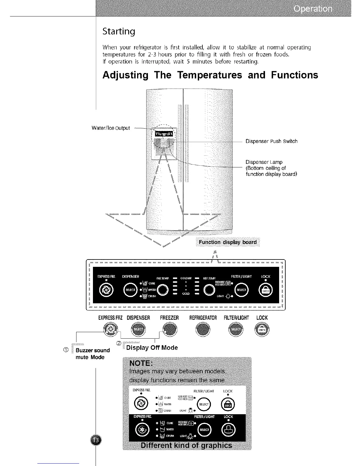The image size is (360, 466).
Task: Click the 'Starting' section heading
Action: (x=119, y=31)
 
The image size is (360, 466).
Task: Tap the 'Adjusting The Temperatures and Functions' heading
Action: (x=210, y=75)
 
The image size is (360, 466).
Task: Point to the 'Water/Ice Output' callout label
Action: (x=111, y=128)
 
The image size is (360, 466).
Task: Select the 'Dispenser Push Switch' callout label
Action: (x=271, y=141)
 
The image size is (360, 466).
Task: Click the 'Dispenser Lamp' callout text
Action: (x=264, y=162)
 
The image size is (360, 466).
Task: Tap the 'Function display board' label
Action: (x=228, y=242)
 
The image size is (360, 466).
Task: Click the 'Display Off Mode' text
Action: (x=152, y=348)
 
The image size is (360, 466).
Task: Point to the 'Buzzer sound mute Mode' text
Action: (x=92, y=354)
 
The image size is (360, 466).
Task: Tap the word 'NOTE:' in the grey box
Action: (x=140, y=362)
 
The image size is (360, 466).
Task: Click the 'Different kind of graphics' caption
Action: (x=186, y=445)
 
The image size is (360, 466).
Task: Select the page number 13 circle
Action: (x=96, y=440)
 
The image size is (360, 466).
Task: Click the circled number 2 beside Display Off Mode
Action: (x=119, y=343)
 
